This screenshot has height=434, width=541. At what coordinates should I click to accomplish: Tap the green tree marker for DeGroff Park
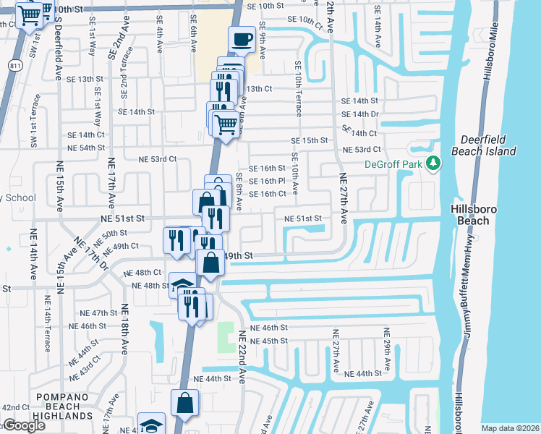click(433, 163)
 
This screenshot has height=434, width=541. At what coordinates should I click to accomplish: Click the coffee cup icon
click(242, 39)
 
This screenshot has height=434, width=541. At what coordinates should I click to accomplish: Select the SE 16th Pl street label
click(268, 181)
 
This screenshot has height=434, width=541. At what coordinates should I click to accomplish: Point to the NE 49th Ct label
click(120, 246)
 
